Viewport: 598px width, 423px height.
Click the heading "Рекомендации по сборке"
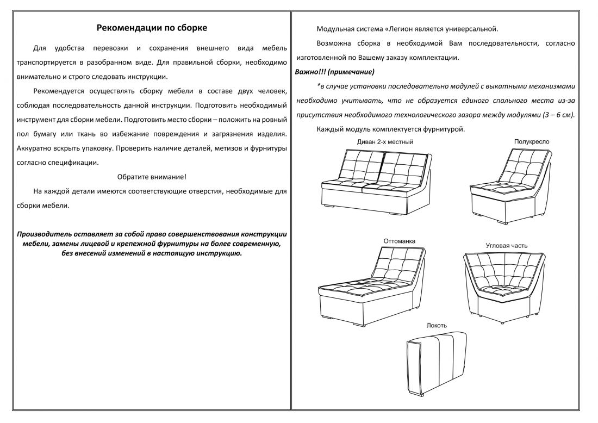coord(152,28)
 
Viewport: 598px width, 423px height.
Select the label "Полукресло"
coord(531,141)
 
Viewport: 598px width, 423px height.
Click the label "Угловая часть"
coord(506,246)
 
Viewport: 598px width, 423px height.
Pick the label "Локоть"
coord(437,325)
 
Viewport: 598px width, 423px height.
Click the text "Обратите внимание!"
coord(152,177)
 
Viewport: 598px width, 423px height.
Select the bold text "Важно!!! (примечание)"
coord(334,72)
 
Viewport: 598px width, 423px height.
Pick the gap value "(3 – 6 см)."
coord(558,115)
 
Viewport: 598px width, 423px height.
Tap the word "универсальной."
coord(472,29)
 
